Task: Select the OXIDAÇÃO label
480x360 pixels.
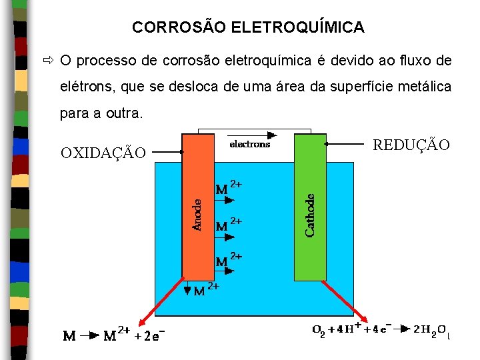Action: pos(103,153)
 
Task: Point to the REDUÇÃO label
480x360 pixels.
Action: pos(411,145)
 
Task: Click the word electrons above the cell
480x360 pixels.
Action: pos(249,144)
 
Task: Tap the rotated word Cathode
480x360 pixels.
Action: pos(311,215)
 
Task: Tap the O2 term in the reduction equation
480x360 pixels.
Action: pos(319,329)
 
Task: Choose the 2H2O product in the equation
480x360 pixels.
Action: pos(430,329)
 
